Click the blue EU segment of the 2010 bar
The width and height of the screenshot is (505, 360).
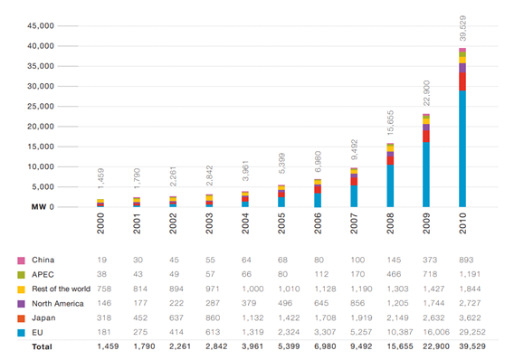[x=462, y=148]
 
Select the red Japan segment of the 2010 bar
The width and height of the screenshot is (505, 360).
[x=462, y=81]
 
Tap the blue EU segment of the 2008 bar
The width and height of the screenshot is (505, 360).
[x=390, y=185]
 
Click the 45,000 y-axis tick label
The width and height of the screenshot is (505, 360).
[x=41, y=25]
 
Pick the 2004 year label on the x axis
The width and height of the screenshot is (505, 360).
[x=245, y=223]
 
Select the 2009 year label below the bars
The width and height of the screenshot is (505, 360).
[x=426, y=223]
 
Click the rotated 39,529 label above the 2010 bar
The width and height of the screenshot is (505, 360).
[x=462, y=28]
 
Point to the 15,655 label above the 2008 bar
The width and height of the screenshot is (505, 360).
[x=390, y=123]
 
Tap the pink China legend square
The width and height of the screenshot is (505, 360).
[x=21, y=261]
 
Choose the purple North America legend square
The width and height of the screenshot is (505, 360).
[x=21, y=304]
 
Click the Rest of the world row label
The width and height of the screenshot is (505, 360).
[x=61, y=289]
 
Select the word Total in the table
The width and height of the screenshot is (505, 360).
[x=42, y=346]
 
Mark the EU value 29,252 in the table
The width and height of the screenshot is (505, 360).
[x=472, y=332]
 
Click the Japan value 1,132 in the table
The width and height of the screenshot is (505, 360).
[x=252, y=318]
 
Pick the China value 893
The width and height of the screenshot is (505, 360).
[x=466, y=260]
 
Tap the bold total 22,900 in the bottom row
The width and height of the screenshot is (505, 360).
[x=436, y=346]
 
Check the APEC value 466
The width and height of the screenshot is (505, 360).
[x=394, y=274]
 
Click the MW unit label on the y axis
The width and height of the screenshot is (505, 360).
[x=39, y=207]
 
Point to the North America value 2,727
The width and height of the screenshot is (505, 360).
[x=470, y=303]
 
